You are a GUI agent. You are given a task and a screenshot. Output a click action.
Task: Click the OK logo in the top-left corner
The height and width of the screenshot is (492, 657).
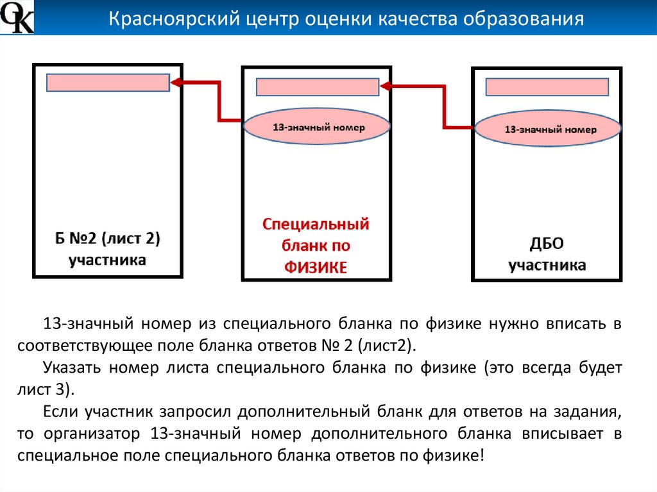(17, 17)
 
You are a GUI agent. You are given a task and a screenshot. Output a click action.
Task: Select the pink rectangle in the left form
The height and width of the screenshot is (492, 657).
(108, 83)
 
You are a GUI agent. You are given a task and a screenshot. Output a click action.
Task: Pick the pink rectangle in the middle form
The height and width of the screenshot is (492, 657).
(317, 87)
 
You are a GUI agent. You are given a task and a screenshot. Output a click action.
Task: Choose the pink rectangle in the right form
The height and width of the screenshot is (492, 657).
(547, 87)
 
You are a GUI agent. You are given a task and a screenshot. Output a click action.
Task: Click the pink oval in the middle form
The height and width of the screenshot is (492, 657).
(317, 127)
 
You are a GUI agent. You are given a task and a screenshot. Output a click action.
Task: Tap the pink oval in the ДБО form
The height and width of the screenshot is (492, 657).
(547, 130)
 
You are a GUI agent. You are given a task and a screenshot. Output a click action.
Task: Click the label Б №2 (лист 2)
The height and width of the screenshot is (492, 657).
(107, 239)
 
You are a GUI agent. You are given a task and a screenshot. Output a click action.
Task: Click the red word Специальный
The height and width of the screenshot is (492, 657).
(316, 225)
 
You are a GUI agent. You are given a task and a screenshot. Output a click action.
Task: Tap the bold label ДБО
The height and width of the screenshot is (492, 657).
(547, 244)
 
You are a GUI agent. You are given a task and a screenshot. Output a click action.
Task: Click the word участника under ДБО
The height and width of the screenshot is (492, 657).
(547, 265)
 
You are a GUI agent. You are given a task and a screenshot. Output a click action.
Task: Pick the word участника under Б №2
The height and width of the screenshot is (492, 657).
(107, 260)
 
